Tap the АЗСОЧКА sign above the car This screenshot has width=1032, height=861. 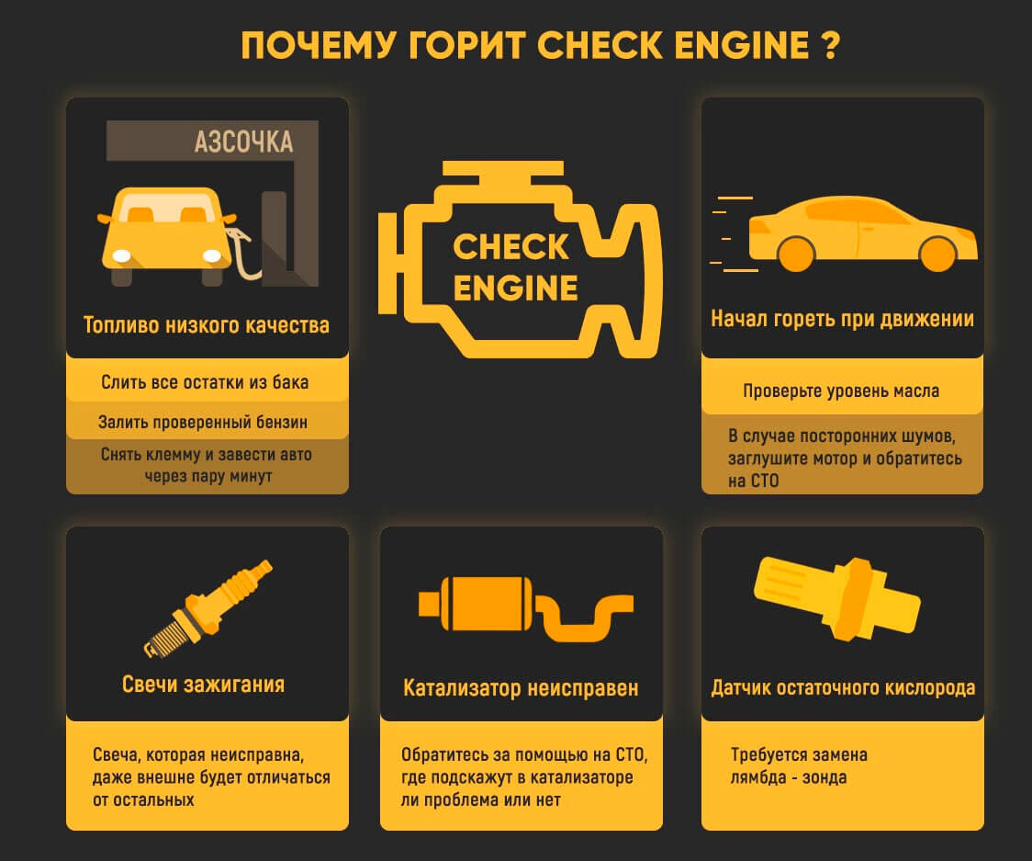click(243, 142)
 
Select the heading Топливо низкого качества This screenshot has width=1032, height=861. click(207, 325)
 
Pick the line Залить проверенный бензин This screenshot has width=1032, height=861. click(203, 423)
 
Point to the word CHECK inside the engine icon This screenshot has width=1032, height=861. click(511, 247)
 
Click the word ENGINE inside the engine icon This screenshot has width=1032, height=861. click(515, 289)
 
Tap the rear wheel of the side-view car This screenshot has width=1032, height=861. click(796, 253)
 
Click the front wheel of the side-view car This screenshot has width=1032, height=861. click(937, 253)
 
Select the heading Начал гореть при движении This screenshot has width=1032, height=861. click(842, 320)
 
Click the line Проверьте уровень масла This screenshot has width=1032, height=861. click(841, 391)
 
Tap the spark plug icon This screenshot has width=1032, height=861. click(209, 607)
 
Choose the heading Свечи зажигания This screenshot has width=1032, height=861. click(203, 685)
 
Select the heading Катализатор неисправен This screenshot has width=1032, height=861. click(521, 688)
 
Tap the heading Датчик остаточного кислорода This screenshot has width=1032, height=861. click(843, 688)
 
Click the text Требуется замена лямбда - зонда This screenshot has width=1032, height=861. click(798, 766)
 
